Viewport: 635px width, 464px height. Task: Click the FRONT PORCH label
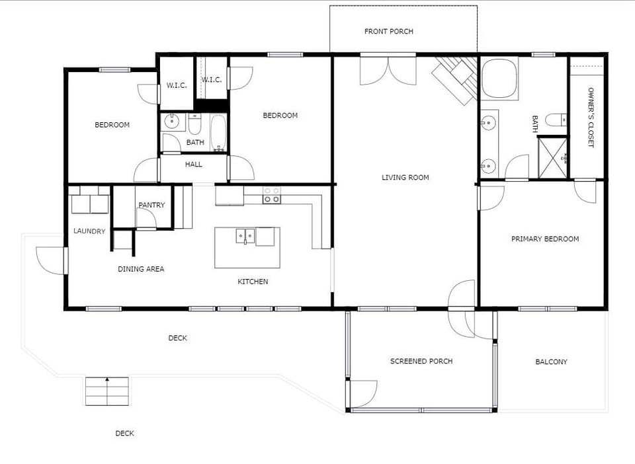coord(388,31)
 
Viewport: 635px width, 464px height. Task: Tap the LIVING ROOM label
coord(405,177)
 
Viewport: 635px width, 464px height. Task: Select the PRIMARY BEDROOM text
coord(544,239)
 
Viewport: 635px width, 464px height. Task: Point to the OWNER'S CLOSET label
coord(591,118)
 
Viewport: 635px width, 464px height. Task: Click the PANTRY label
coord(151,205)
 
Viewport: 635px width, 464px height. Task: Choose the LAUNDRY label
coord(89,231)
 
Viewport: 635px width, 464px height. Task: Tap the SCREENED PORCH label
coord(421,361)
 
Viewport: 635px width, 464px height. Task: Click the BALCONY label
coord(551,362)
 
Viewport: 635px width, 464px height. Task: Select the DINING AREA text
coord(141,269)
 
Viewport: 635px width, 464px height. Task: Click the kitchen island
coord(247,247)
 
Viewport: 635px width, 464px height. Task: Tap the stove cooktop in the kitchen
coord(271,195)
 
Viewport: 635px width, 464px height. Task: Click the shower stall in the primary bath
coord(552,157)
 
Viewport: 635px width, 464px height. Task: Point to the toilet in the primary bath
coord(556,120)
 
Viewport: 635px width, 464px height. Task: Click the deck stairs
coord(106,391)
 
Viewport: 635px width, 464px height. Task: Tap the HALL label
coord(194,164)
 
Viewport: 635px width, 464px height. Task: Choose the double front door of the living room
coord(388,70)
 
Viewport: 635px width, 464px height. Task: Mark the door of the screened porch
coord(362,394)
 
